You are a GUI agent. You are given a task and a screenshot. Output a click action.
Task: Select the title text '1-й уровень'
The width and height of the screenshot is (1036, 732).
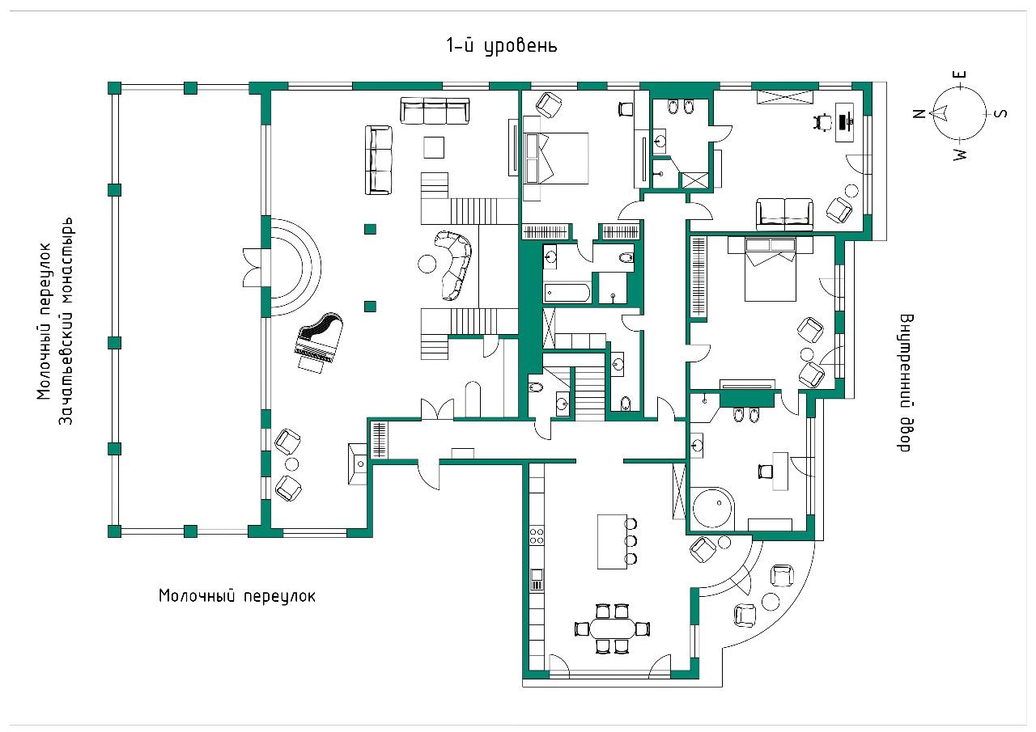click(x=502, y=46)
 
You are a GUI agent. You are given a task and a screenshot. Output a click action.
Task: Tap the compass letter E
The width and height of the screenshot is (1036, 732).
click(x=961, y=78)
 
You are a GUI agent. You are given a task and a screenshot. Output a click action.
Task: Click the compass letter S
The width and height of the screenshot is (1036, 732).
click(x=1000, y=113)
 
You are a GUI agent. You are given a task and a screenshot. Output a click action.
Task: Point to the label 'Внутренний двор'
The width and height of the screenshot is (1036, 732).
click(x=905, y=383)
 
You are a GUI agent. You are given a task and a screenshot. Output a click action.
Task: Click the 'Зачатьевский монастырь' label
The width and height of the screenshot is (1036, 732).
click(x=68, y=320)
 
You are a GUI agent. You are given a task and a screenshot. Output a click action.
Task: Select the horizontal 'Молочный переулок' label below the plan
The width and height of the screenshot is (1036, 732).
click(x=236, y=596)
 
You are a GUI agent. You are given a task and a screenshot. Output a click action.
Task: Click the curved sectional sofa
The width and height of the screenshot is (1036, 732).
click(x=456, y=262)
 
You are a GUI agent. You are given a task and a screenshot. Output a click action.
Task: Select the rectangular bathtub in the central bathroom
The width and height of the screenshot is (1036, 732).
click(x=568, y=293)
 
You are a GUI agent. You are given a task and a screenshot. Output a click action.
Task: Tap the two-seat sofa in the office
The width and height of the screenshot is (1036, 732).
click(x=784, y=214)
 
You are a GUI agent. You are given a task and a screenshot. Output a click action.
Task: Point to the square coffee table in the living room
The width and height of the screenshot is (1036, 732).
click(x=435, y=147)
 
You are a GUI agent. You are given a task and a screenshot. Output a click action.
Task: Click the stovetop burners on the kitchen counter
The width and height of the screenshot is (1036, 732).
click(x=536, y=535)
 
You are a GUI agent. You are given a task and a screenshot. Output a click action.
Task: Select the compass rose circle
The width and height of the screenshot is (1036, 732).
click(x=959, y=113)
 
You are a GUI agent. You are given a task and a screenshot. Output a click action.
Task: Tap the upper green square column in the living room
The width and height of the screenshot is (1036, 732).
click(x=370, y=229)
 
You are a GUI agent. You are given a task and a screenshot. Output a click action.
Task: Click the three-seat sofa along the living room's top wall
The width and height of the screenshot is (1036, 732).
click(x=435, y=111)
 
